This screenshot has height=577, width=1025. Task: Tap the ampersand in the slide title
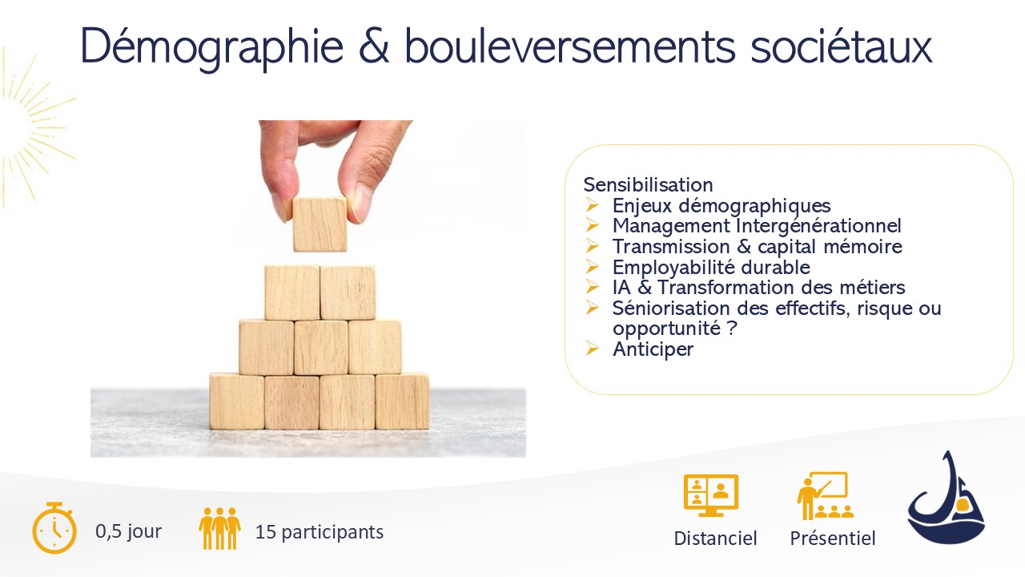coord(374,46)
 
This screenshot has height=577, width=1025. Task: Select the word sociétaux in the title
coord(842,46)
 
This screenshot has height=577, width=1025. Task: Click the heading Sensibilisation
coord(648,185)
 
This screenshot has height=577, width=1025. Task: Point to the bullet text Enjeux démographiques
coord(722,206)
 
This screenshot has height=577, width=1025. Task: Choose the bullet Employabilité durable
coord(711,268)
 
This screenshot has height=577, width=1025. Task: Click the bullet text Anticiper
coord(653,349)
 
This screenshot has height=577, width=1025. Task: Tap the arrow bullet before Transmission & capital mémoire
coord(592,246)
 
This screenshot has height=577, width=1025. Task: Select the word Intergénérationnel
coord(819,226)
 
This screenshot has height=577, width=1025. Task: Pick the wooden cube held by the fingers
coord(320,224)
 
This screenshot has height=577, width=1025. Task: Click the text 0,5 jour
coord(129,531)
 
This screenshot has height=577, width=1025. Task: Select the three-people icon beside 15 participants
coord(219,528)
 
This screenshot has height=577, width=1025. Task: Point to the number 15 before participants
coord(265,532)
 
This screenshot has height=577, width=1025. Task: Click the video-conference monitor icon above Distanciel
coord(710,495)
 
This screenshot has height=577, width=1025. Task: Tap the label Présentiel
coord(832,538)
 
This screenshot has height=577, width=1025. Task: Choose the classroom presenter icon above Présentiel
coord(825,496)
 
